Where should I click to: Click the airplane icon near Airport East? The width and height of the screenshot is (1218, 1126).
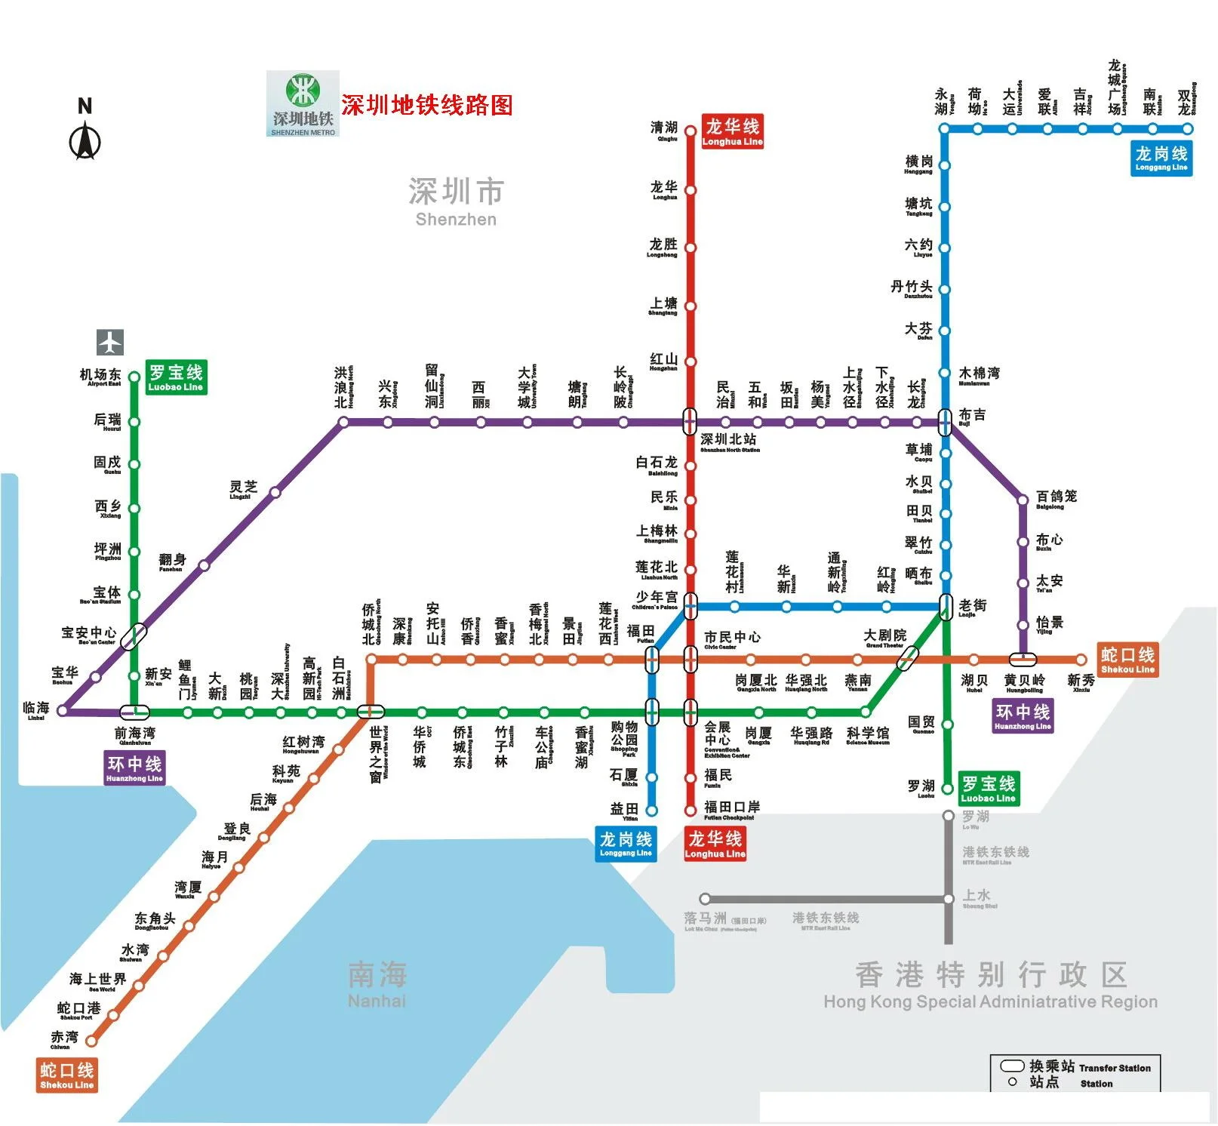tap(110, 343)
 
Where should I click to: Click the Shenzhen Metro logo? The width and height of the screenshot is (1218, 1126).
tap(303, 104)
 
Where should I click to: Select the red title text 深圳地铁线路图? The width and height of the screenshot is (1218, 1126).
tap(426, 105)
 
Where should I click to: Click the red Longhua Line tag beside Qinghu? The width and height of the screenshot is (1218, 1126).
tap(732, 131)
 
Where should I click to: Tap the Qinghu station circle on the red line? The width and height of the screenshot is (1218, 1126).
tap(690, 131)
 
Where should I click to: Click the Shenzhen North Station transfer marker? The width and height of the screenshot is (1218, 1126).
tap(690, 422)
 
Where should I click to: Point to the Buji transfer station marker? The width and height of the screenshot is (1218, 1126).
tap(945, 422)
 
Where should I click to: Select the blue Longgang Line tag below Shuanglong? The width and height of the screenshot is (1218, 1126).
tap(1161, 158)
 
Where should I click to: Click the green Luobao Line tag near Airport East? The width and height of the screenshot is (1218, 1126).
tap(175, 377)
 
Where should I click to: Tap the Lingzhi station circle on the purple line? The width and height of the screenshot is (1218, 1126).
tap(275, 493)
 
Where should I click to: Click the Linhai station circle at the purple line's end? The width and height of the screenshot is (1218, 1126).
tap(63, 711)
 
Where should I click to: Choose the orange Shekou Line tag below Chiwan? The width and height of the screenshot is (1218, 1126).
tap(67, 1075)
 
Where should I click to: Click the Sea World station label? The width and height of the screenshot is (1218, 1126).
tap(97, 980)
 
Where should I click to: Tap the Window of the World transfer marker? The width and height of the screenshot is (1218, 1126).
tap(371, 712)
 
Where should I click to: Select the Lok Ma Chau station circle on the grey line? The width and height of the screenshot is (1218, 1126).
tap(705, 899)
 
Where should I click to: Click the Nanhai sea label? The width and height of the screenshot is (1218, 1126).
tap(377, 983)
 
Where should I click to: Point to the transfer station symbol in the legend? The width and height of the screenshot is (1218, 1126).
tap(1011, 1066)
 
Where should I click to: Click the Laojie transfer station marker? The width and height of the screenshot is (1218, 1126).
tap(946, 606)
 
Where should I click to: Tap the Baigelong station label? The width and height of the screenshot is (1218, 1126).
tap(1056, 498)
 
